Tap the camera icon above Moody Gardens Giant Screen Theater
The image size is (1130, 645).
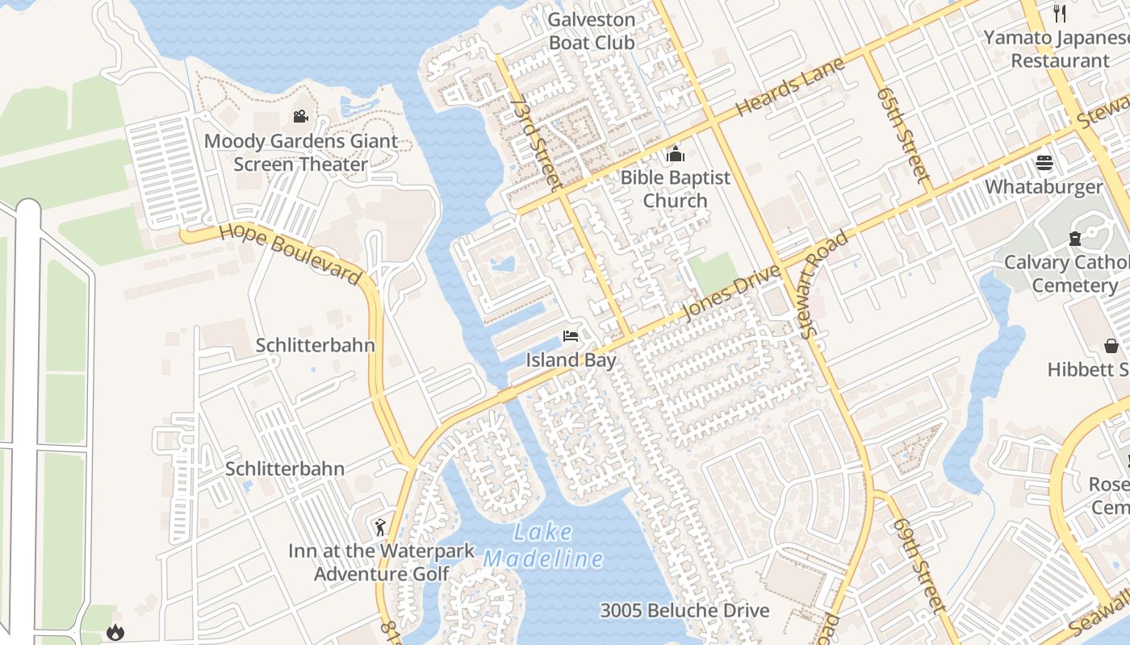300,117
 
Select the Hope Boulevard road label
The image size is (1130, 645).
290,253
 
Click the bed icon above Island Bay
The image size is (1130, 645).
571,336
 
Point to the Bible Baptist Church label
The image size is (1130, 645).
675,189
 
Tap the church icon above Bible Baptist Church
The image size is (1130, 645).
675,154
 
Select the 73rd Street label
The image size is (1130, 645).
536,144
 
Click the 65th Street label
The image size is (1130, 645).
903,135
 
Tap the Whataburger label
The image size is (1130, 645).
1043,187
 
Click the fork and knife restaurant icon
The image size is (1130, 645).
1060,14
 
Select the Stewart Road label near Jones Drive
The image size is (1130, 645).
823,272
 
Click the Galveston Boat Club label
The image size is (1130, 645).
592,31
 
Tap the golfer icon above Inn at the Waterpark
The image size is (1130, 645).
380,527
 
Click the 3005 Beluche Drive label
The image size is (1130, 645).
684,610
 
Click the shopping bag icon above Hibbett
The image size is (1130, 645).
1111,346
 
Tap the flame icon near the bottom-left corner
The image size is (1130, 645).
115,632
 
